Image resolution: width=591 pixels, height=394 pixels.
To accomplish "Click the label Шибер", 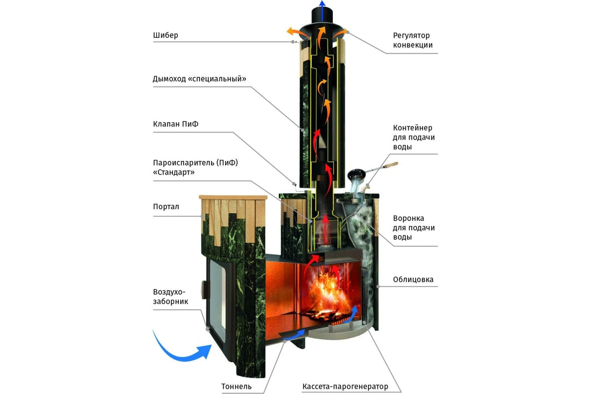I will pos(165,35).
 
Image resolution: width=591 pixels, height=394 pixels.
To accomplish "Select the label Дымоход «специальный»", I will pos(199,79).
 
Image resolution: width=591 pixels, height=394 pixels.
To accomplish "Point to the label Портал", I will pos(166,206).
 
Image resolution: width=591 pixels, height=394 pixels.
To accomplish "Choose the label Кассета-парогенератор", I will pos(345,386).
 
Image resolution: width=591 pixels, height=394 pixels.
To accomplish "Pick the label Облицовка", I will pos(413,279).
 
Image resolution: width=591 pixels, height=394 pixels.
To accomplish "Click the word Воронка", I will pos(408,218).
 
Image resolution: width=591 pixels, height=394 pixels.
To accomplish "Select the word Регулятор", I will pos(412,35).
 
